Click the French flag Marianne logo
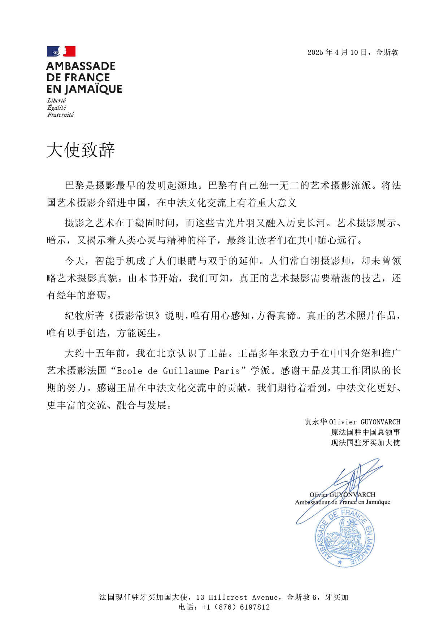coord(61,52)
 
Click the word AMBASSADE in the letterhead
coord(81,66)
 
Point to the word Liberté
coord(56,100)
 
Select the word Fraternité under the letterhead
coord(60,115)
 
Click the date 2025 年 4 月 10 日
coord(337,52)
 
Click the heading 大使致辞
coord(81,150)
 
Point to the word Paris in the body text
coord(227,371)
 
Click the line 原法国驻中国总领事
coord(365,432)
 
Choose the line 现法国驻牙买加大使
coord(365,443)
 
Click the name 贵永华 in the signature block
coord(316,422)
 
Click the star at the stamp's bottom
coord(339,562)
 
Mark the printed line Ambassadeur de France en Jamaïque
coord(342,502)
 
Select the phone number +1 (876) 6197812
coord(236,607)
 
